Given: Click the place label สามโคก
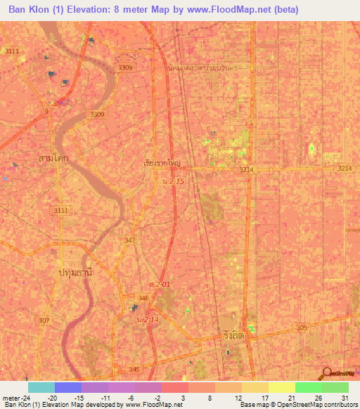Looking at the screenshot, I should coord(53,160).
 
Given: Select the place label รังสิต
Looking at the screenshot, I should coord(233,337).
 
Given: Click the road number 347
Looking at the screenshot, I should coord(130,240).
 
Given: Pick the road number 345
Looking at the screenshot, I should coord(134,369).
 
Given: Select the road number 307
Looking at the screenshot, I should coord(44,320).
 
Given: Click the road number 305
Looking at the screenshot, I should coord(302,328).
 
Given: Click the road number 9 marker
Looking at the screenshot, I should coord(46,112).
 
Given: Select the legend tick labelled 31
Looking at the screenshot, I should coord(344,397).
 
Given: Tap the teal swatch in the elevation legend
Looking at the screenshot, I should coord(41,387).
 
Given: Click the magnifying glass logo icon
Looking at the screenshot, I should coord(327,375).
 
